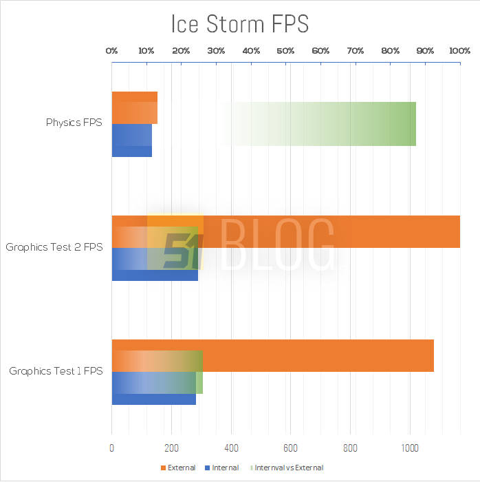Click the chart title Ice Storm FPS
240,24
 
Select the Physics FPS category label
74,123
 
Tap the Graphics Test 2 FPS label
54,247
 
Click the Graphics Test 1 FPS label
56,371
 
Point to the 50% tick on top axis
285,51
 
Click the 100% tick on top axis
459,51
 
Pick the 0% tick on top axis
111,51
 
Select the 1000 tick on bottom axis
410,448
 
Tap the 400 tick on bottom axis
231,448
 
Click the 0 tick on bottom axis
111,448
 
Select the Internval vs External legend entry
288,468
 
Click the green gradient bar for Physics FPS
344,124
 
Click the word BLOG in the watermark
279,244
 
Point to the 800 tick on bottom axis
350,448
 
